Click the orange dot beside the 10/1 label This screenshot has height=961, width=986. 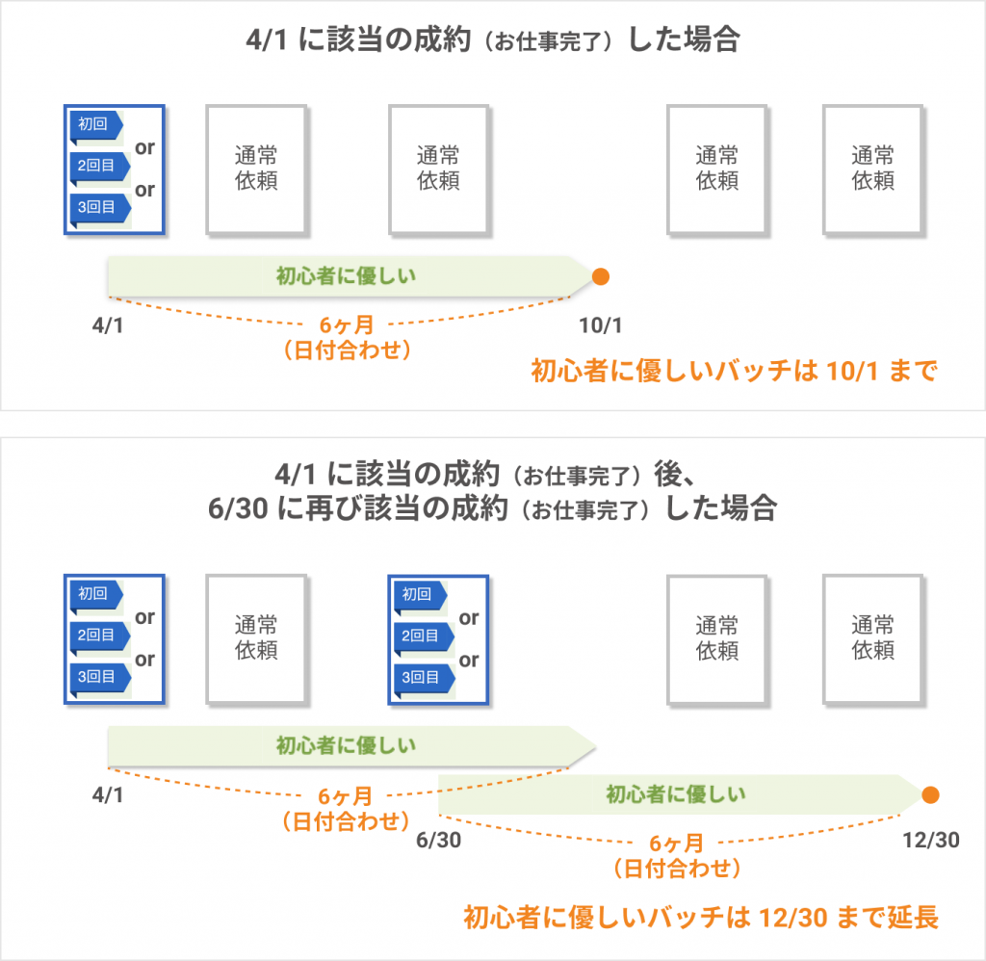[601, 276]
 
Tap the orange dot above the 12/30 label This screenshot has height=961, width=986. [930, 794]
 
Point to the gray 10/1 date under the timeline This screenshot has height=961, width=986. [600, 325]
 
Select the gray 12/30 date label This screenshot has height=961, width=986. [931, 841]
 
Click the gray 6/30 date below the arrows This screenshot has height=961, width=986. [438, 841]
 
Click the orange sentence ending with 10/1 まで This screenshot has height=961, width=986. [734, 372]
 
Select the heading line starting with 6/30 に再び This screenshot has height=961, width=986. [492, 508]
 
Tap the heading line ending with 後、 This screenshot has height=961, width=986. [492, 474]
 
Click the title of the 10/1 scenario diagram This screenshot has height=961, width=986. [492, 41]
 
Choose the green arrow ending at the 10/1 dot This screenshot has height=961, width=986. [347, 276]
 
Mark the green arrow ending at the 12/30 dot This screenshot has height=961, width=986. [674, 794]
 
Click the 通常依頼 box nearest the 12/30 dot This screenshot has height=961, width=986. [873, 637]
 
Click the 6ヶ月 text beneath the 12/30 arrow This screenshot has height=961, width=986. [675, 844]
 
